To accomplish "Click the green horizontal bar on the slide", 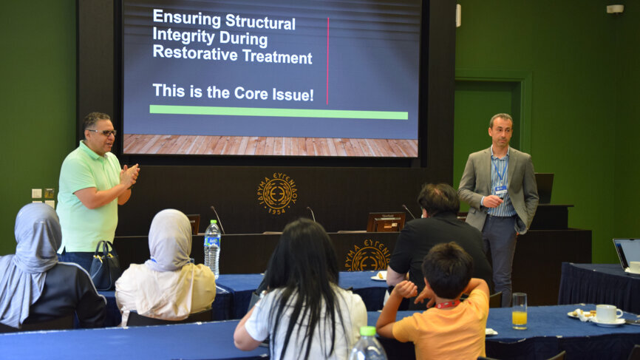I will pyautogui.click(x=278, y=112).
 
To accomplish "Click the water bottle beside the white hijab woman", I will pyautogui.click(x=212, y=248).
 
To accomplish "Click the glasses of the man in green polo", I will pyautogui.click(x=103, y=132).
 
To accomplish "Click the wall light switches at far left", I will pyautogui.click(x=42, y=194).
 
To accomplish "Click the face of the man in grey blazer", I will pyautogui.click(x=500, y=132).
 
